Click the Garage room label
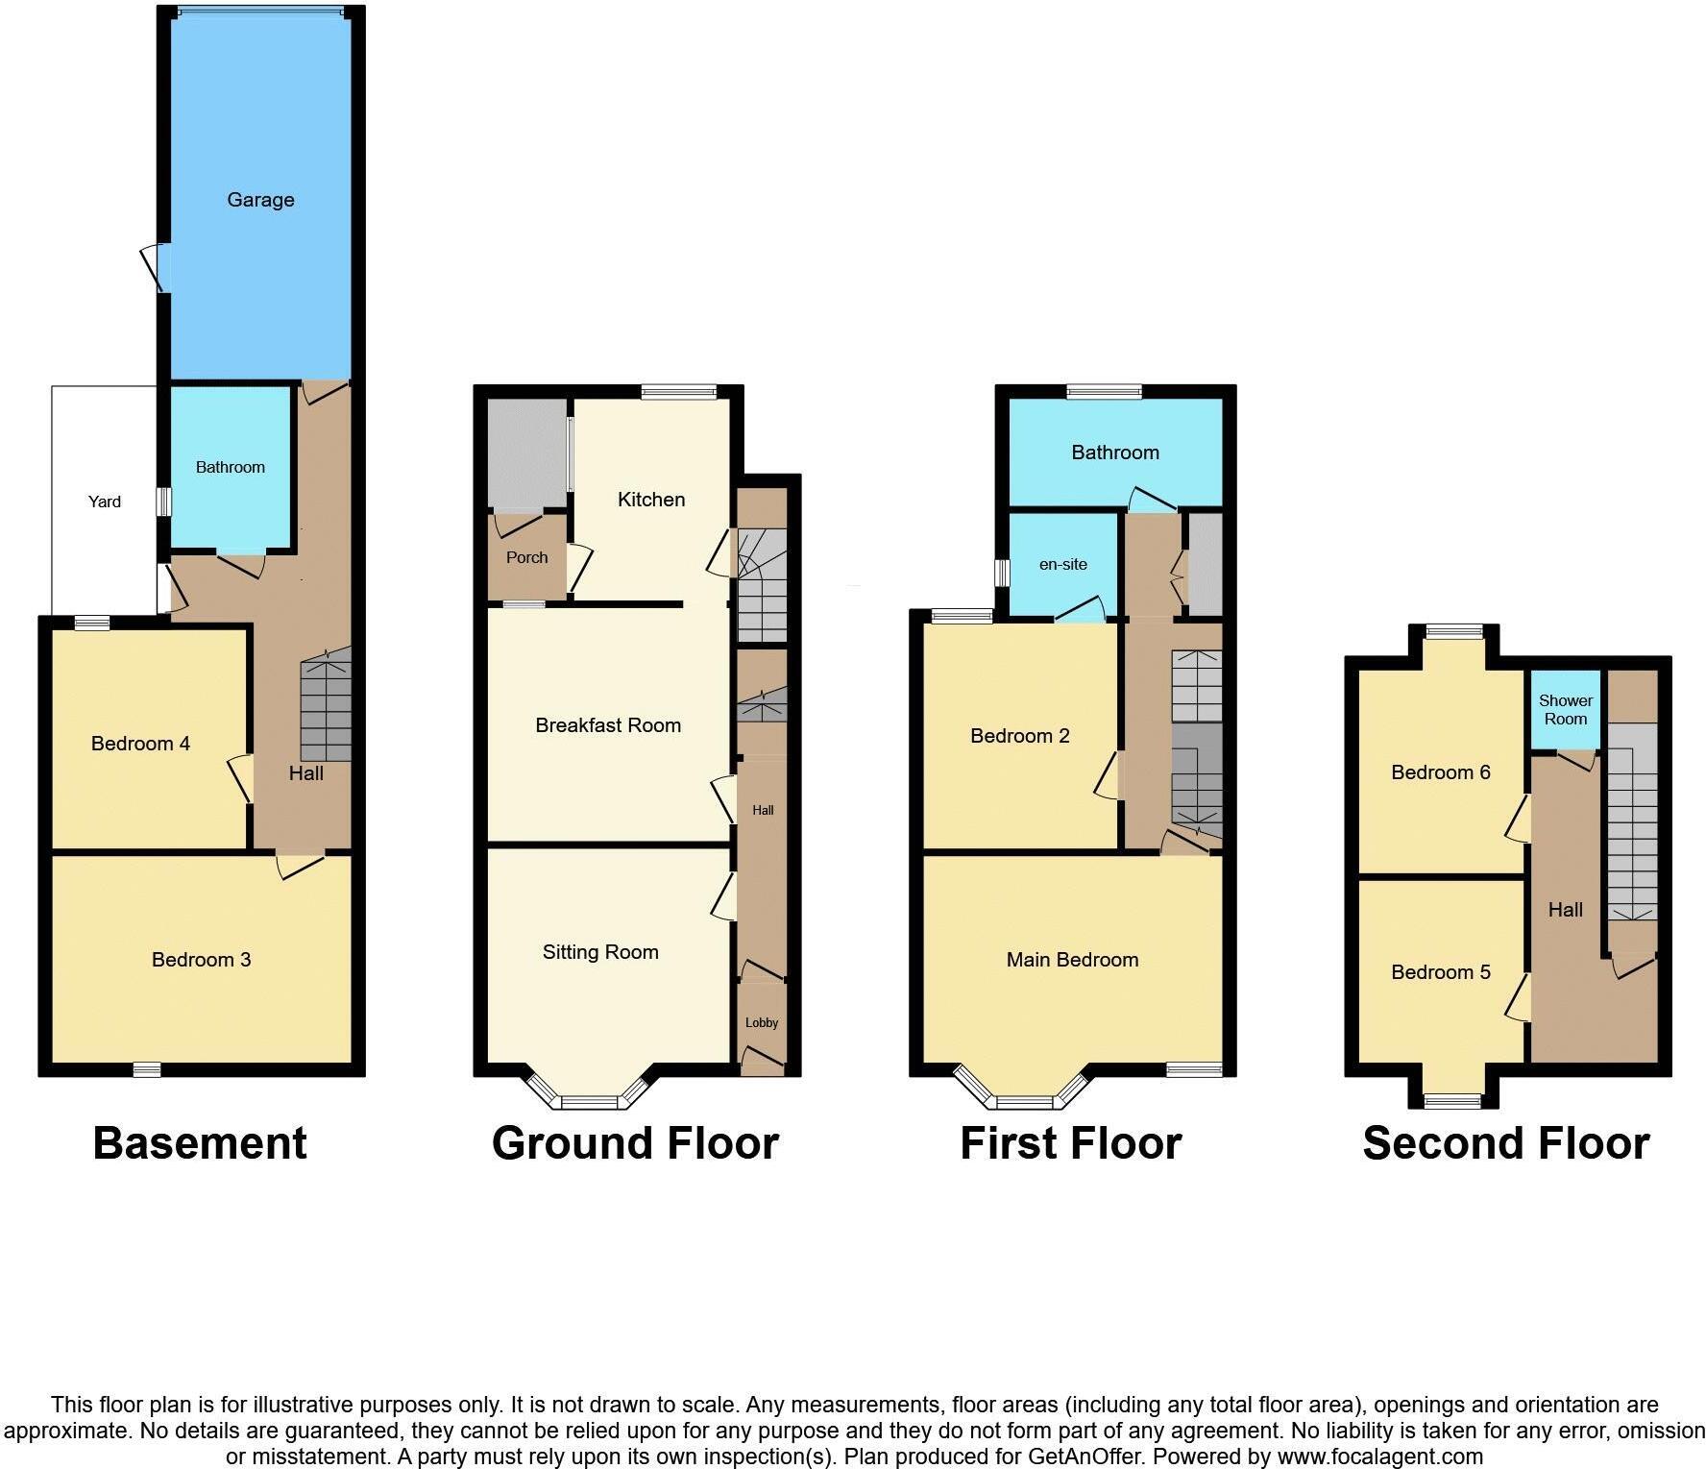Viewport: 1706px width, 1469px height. pyautogui.click(x=260, y=200)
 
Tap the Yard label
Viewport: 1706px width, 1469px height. pyautogui.click(x=105, y=502)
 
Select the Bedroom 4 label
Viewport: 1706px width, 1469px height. pyautogui.click(x=140, y=744)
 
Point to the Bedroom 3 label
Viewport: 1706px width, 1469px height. pyautogui.click(x=201, y=960)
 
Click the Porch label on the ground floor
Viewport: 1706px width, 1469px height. pyautogui.click(x=526, y=557)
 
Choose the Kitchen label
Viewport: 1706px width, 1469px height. pyautogui.click(x=651, y=500)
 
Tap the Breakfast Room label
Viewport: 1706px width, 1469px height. pyautogui.click(x=608, y=725)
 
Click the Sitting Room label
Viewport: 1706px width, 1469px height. pyautogui.click(x=600, y=952)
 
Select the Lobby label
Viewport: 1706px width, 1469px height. pyautogui.click(x=762, y=1023)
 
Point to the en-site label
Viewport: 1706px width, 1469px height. pyautogui.click(x=1063, y=565)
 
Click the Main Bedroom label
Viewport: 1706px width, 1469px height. pyautogui.click(x=1072, y=960)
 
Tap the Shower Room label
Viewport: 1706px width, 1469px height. pyautogui.click(x=1566, y=710)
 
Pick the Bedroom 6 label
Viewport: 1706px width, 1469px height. pyautogui.click(x=1441, y=772)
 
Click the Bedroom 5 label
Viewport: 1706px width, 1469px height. pyautogui.click(x=1441, y=972)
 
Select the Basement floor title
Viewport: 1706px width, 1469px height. pyautogui.click(x=200, y=1143)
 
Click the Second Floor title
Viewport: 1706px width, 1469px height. pyautogui.click(x=1506, y=1143)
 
